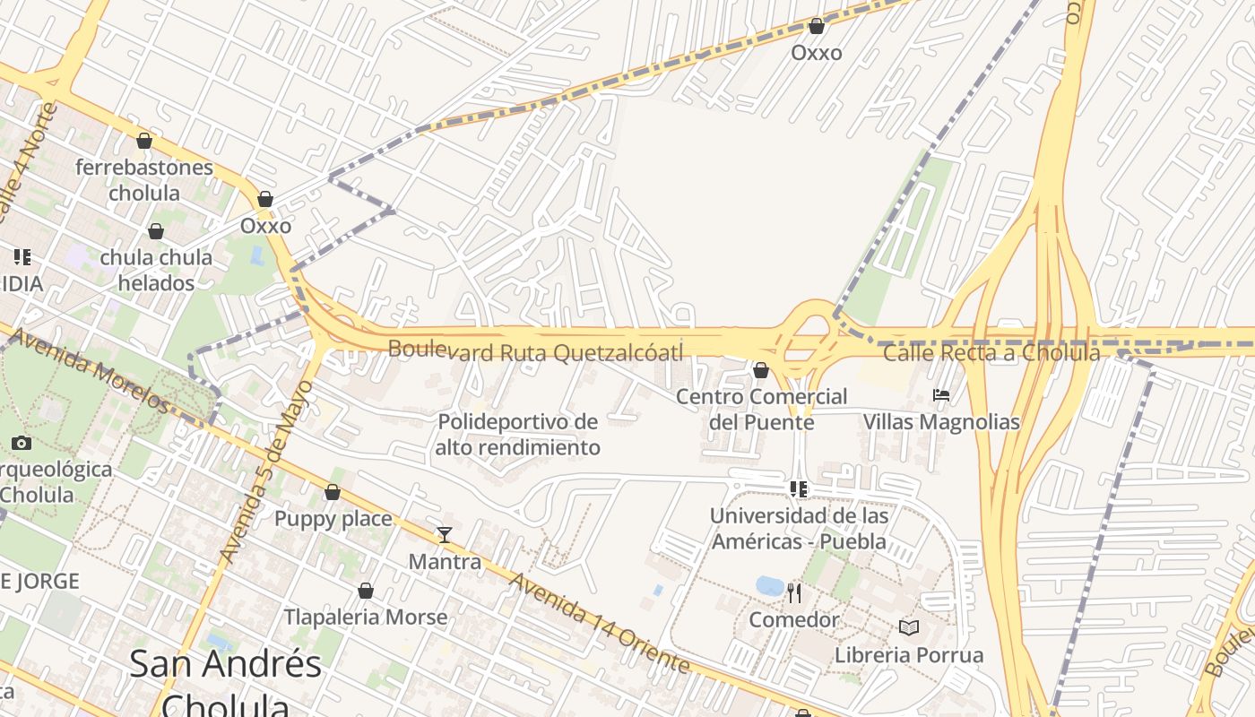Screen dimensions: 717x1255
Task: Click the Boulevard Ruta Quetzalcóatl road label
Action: [535, 351]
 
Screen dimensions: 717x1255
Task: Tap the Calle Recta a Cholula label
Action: [991, 353]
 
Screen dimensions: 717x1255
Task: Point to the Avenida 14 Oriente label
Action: [600, 623]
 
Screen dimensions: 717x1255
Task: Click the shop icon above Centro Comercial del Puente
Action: [761, 370]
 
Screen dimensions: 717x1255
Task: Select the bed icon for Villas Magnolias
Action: [941, 394]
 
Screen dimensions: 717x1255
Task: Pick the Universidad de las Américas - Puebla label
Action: [799, 529]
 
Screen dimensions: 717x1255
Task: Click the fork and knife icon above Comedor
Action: [794, 592]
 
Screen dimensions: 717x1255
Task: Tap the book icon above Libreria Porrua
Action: [909, 627]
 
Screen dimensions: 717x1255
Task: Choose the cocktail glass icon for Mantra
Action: [445, 535]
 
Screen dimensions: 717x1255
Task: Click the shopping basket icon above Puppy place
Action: [333, 492]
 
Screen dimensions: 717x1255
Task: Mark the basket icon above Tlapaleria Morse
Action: [366, 591]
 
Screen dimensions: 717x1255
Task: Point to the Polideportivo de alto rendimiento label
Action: [517, 434]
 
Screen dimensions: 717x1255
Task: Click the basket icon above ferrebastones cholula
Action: [144, 141]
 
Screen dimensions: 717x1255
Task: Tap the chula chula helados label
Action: [157, 270]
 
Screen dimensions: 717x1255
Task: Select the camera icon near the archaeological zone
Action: [22, 443]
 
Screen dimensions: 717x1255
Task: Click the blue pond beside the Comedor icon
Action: [769, 586]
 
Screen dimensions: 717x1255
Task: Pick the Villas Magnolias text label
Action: [941, 421]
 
